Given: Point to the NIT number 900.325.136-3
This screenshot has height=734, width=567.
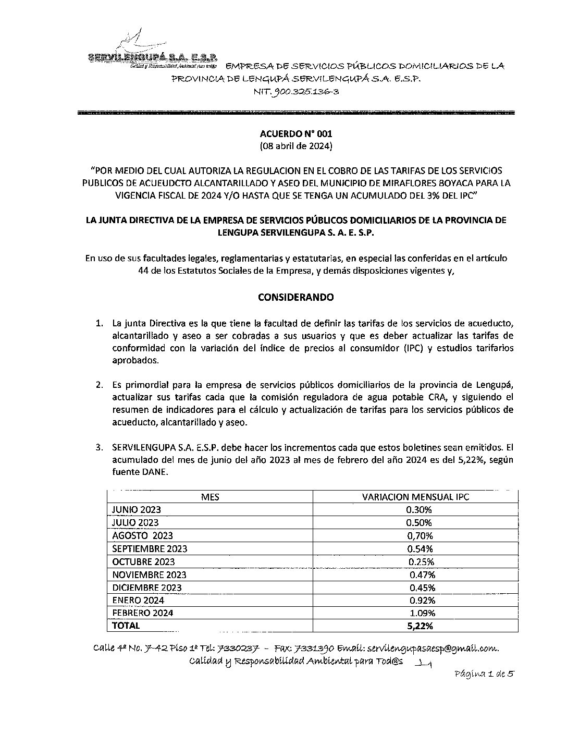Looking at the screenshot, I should coord(297,92).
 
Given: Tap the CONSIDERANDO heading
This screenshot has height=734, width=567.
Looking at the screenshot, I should coord(295,298).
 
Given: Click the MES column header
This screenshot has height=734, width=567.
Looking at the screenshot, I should coord(210,497).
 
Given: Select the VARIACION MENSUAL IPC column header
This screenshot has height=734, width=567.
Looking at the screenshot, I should coord(415,497).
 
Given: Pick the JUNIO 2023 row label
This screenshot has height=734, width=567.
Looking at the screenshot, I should coord(137,510).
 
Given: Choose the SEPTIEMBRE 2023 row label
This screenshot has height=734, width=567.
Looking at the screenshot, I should coord(150,549).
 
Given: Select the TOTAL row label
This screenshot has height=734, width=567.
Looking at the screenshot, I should coord(126,626).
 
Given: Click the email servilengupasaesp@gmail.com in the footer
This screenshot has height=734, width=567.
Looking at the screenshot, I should coord(433,649).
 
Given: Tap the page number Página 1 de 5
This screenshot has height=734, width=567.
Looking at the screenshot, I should coord(484,674).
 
